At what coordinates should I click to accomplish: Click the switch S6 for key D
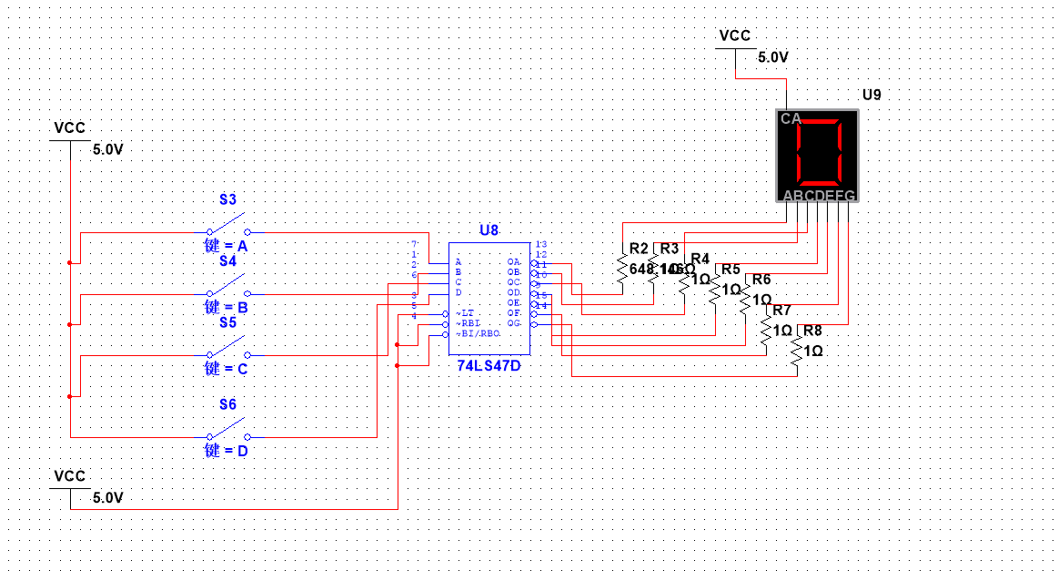pos(227,429)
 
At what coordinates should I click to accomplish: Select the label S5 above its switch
pos(227,322)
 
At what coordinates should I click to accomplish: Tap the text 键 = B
pos(227,308)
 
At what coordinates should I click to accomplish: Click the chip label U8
pos(489,230)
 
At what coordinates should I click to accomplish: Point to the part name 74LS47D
pos(489,364)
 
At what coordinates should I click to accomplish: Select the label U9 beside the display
pos(872,95)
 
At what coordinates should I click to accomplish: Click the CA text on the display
pos(791,118)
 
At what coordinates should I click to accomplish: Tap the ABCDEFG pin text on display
pos(819,196)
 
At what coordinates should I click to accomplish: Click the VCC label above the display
pos(735,36)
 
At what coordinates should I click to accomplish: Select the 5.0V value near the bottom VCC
pos(107,497)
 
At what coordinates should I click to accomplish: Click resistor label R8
pos(812,331)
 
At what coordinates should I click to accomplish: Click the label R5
pos(731,269)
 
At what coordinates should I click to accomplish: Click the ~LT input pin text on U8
pos(465,313)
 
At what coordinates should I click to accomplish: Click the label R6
pos(761,280)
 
